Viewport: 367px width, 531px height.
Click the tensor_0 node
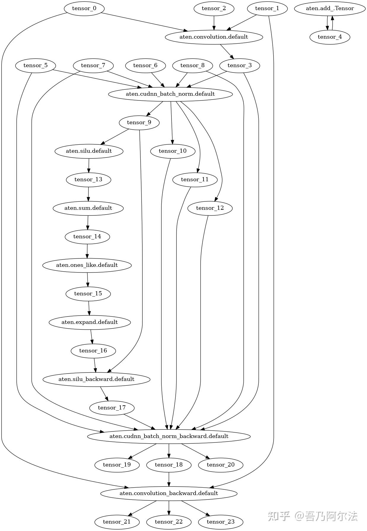[x=84, y=8]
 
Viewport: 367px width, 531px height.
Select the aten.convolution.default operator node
[x=214, y=37]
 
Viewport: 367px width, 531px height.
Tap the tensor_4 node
[x=330, y=37]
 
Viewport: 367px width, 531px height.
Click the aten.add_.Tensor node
[x=330, y=8]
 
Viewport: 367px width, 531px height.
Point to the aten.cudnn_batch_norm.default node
[x=170, y=94]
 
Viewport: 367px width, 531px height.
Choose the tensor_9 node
[x=139, y=122]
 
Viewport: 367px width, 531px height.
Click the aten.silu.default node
[x=89, y=151]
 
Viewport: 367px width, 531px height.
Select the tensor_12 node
[x=210, y=208]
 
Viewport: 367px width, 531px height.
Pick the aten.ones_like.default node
[x=87, y=265]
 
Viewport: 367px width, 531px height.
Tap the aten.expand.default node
[x=90, y=322]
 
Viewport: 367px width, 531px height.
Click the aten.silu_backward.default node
[x=96, y=379]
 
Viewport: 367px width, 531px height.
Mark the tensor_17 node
[x=112, y=408]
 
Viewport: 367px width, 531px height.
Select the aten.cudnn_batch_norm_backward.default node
[x=169, y=436]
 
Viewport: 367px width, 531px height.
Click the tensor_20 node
[x=220, y=465]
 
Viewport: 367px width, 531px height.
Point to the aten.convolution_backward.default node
[x=169, y=493]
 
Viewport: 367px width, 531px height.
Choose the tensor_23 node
[x=220, y=522]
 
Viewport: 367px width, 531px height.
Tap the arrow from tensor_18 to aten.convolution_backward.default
[x=169, y=479]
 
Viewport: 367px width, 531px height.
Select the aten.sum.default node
[x=88, y=208]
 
